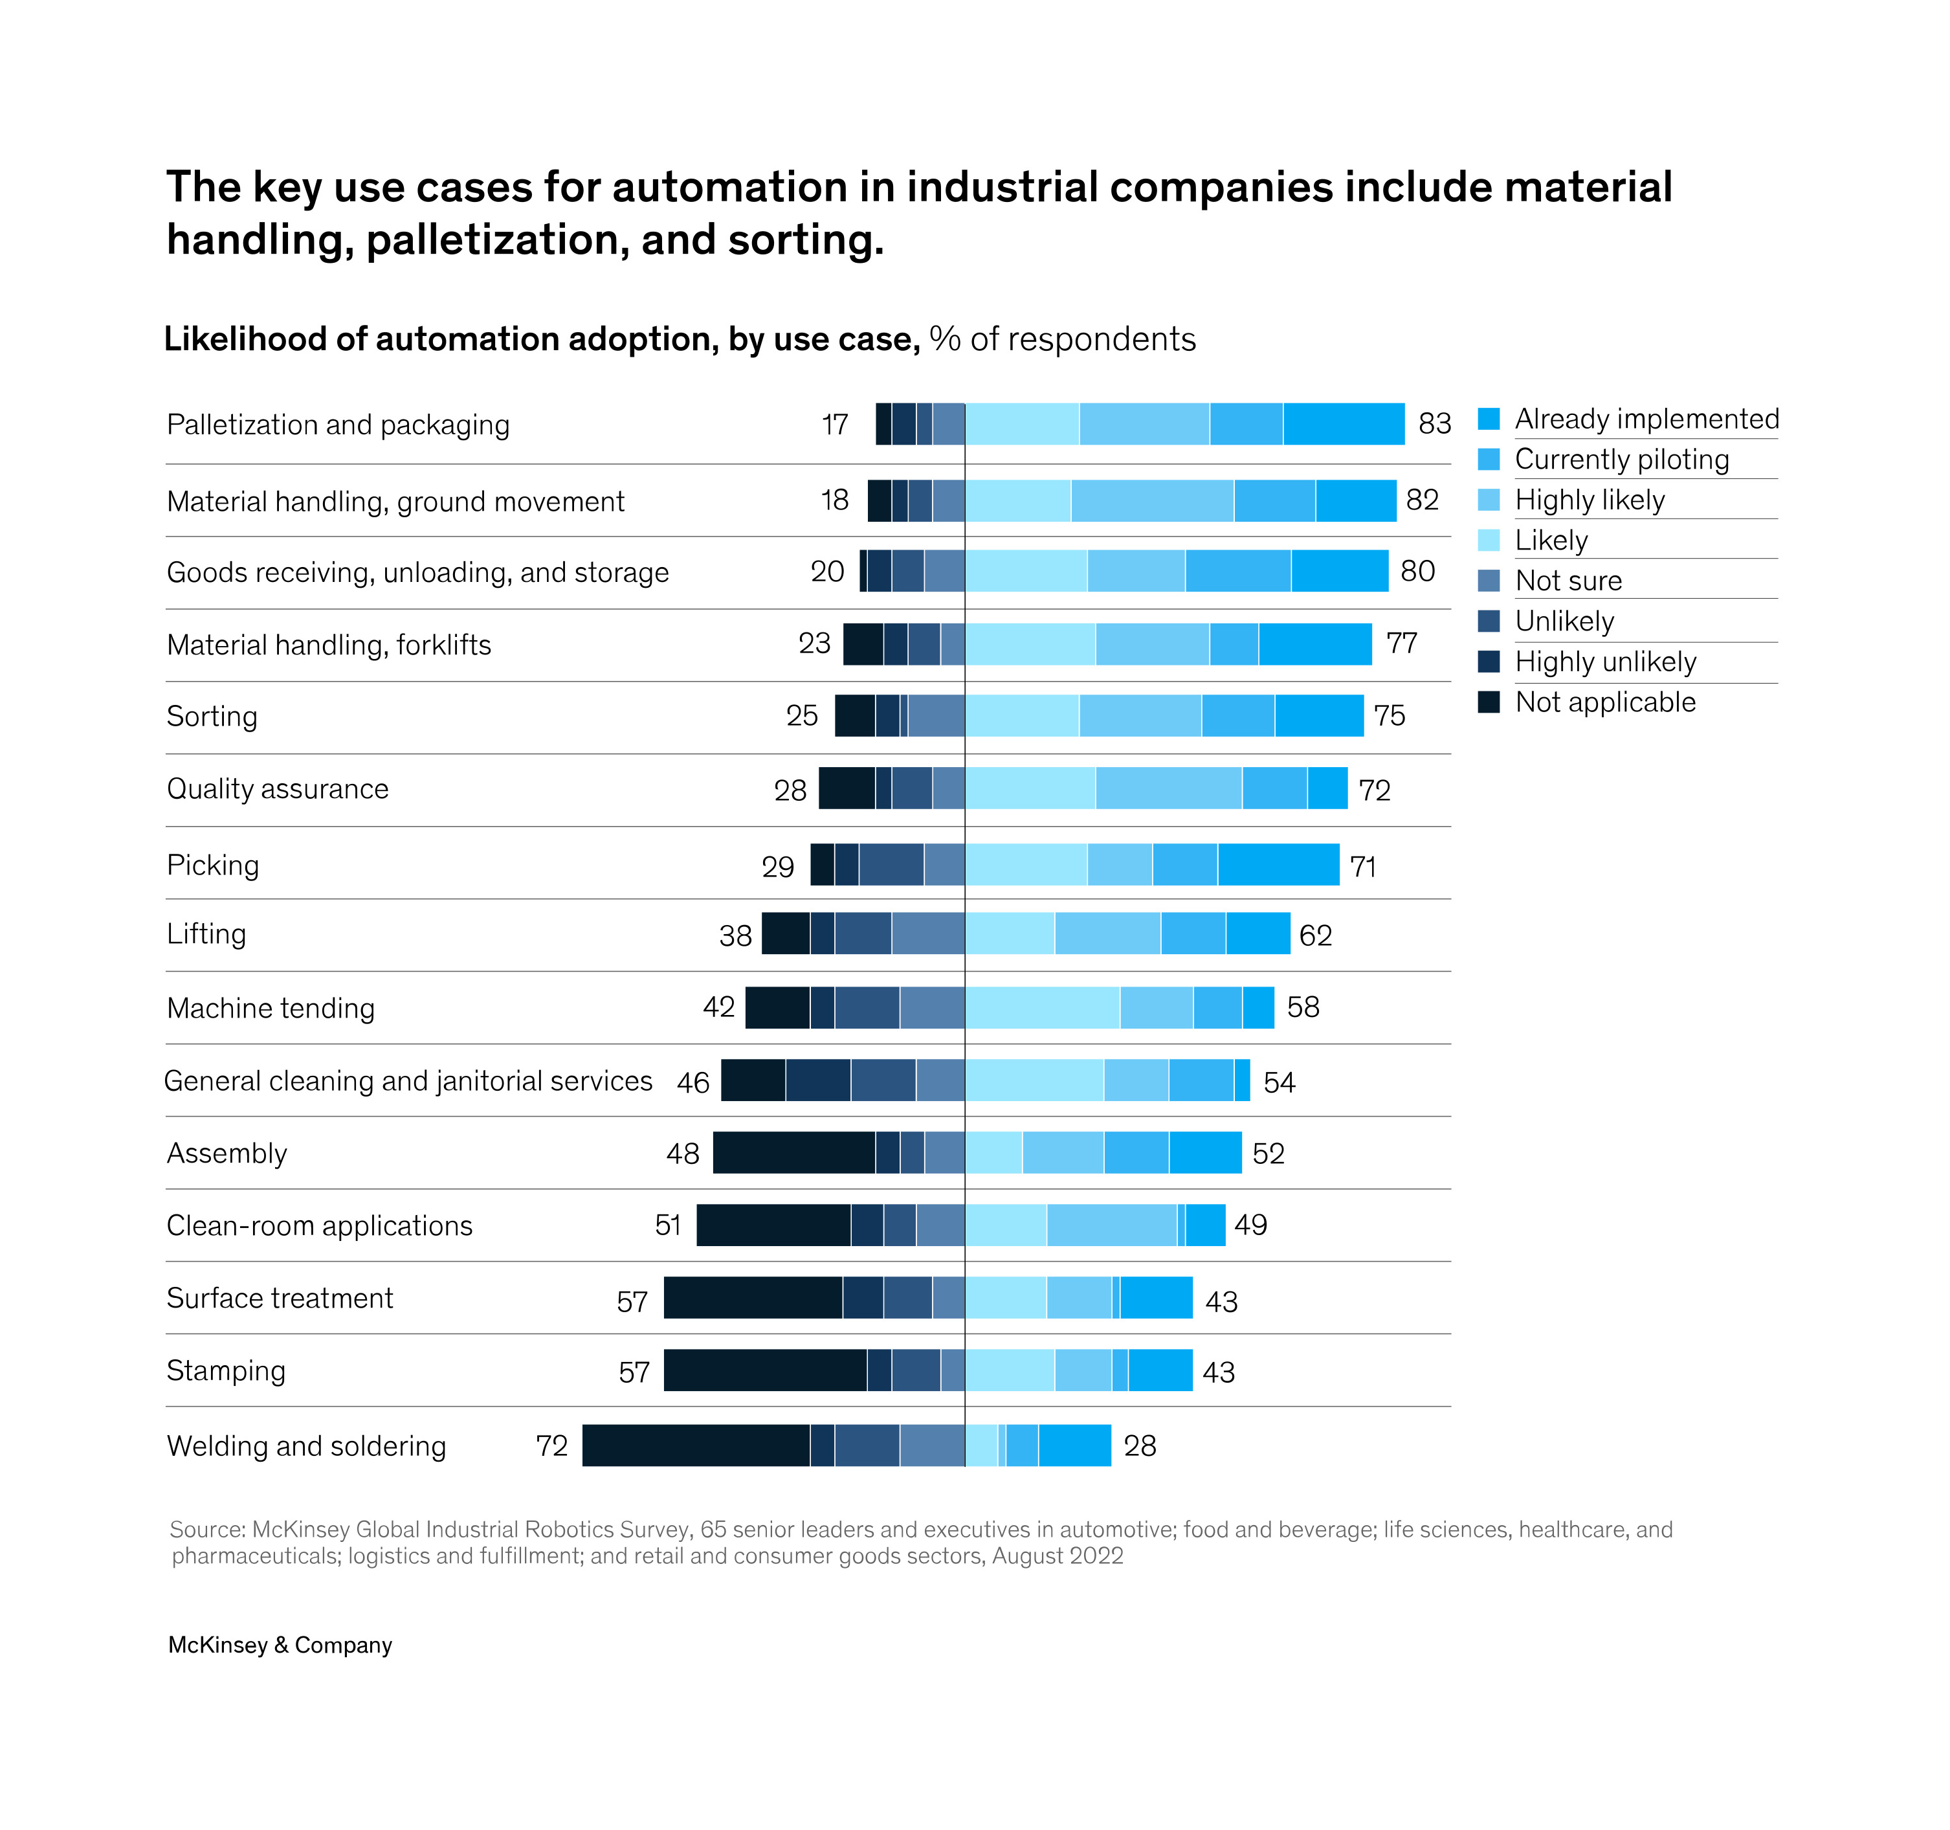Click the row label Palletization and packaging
pyautogui.click(x=338, y=425)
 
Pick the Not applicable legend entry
pyautogui.click(x=1605, y=702)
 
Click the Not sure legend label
pyautogui.click(x=1568, y=581)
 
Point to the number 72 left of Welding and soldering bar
pyautogui.click(x=552, y=1445)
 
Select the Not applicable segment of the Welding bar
pyautogui.click(x=696, y=1445)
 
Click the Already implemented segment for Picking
pyautogui.click(x=1278, y=864)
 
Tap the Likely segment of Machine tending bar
pyautogui.click(x=1042, y=1008)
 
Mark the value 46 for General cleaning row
pyautogui.click(x=692, y=1082)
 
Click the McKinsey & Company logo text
pyautogui.click(x=280, y=1646)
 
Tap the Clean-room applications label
pyautogui.click(x=320, y=1225)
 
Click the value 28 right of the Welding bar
pyautogui.click(x=1140, y=1445)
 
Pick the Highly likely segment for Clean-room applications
pyautogui.click(x=1111, y=1225)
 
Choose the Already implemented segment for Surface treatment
pyautogui.click(x=1157, y=1298)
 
